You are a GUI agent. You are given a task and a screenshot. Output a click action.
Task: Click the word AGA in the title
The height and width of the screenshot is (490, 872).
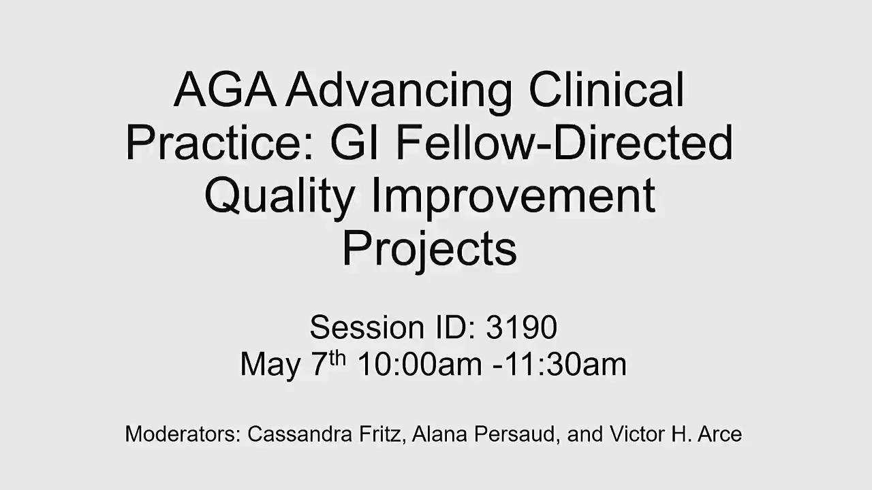coord(225,89)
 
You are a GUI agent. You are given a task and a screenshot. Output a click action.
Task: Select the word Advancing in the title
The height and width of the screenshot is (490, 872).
coord(399,93)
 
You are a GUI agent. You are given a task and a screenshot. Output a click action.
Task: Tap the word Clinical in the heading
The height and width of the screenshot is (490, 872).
coord(606,89)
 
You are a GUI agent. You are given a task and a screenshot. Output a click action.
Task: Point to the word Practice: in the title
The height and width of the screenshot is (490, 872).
coord(219,142)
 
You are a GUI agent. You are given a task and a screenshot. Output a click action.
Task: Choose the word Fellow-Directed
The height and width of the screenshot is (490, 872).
coord(565,142)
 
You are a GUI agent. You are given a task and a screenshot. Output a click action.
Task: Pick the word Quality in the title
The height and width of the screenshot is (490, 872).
coord(279,197)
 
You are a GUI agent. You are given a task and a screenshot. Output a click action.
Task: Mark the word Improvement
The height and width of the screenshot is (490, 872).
coord(514,197)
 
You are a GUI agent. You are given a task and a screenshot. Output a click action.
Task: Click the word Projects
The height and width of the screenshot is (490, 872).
coord(429,251)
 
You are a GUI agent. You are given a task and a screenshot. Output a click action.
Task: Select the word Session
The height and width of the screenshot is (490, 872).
coord(367,327)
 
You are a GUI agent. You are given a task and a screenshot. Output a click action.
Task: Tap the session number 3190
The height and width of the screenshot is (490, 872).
coord(522,327)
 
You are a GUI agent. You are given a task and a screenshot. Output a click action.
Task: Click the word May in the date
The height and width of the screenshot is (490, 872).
coord(270,365)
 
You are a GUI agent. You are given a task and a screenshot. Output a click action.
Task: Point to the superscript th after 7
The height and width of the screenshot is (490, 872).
coord(337,359)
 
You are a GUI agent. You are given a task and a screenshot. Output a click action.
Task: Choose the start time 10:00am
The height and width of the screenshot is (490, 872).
coord(420,364)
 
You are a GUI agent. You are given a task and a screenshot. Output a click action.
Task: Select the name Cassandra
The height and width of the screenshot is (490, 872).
coord(300,434)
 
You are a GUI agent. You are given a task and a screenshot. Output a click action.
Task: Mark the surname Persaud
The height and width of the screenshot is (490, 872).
coord(518,435)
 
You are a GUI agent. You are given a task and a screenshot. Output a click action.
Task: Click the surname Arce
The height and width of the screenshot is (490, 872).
coord(720,434)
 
